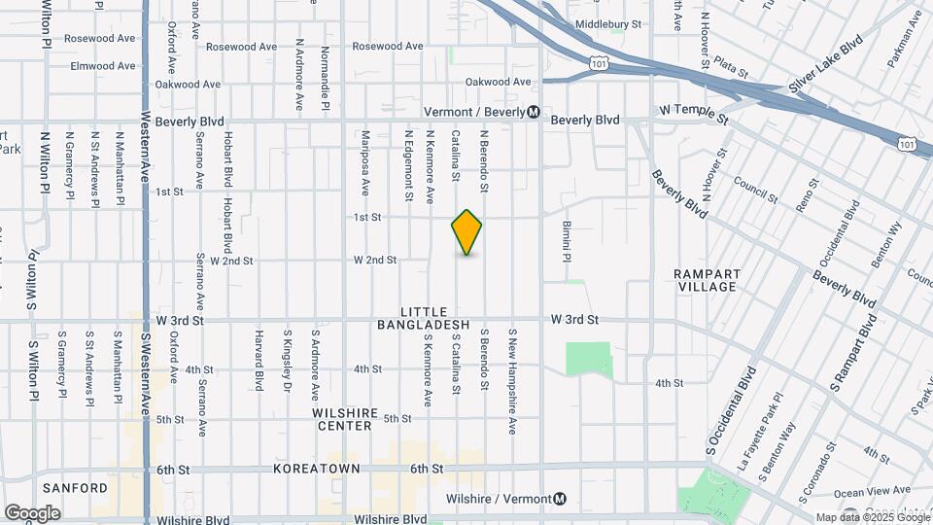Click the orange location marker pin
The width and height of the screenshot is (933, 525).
pyautogui.click(x=466, y=232)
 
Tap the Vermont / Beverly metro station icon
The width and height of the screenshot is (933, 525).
pyautogui.click(x=534, y=112)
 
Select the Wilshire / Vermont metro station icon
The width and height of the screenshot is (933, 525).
pyautogui.click(x=559, y=500)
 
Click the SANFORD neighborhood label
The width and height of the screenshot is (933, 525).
pyautogui.click(x=75, y=487)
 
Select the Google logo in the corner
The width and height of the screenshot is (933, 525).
pyautogui.click(x=32, y=512)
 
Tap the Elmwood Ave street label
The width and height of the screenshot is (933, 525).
pyautogui.click(x=103, y=66)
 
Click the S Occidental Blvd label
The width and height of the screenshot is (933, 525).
pyautogui.click(x=732, y=411)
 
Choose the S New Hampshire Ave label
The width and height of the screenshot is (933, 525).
pyautogui.click(x=512, y=380)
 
